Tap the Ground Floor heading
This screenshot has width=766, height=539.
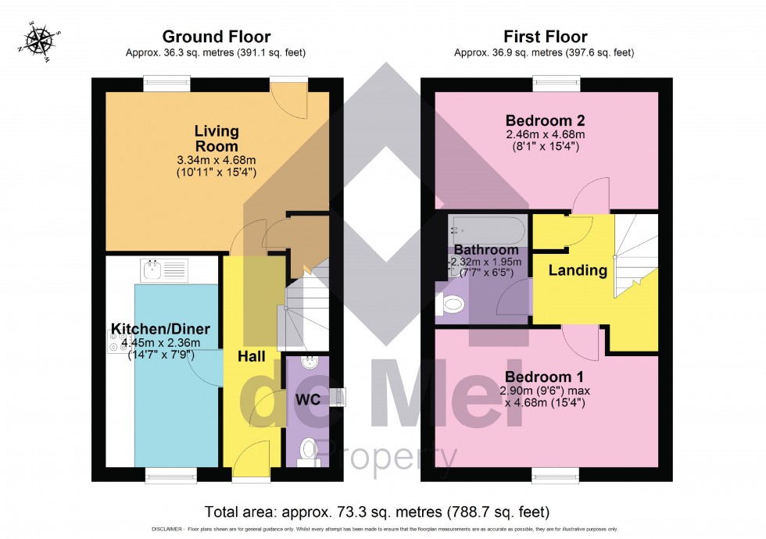coord(216,37)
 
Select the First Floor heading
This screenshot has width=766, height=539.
coord(545,37)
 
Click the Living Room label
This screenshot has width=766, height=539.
coord(216,138)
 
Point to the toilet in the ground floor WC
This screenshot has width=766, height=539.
coord(309,449)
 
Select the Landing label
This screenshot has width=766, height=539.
coord(577,270)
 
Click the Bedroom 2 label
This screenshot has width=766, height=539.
coord(545,121)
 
